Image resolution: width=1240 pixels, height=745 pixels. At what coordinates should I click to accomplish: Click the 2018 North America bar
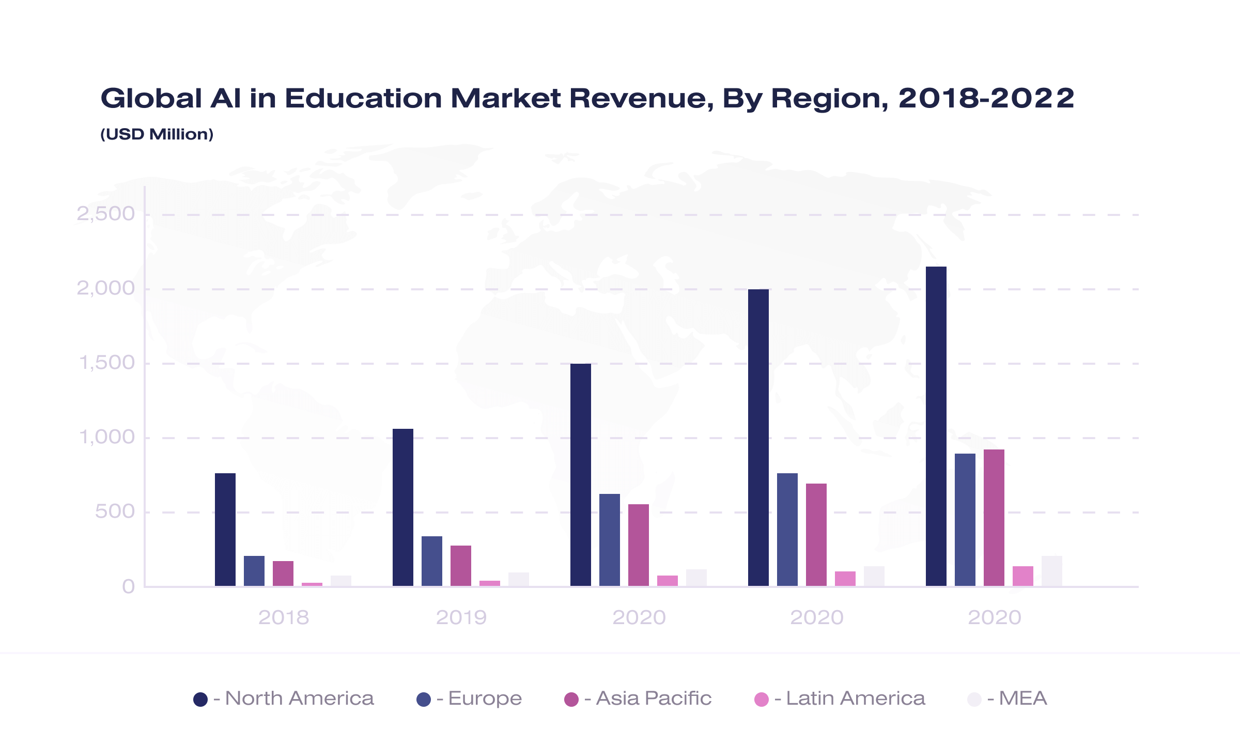[x=225, y=530]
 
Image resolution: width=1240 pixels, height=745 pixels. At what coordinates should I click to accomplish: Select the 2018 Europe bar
[x=254, y=571]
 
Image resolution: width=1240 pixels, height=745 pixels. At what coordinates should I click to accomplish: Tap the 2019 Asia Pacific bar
[x=461, y=566]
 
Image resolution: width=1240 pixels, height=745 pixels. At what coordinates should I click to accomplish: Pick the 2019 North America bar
[x=403, y=507]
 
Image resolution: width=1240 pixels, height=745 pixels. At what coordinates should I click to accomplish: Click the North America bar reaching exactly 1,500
[x=581, y=475]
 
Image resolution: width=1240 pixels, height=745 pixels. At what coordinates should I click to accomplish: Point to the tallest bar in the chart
[x=936, y=426]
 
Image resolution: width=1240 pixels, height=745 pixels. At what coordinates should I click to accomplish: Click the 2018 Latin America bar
[x=312, y=584]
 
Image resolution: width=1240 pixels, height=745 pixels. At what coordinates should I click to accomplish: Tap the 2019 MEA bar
[x=519, y=579]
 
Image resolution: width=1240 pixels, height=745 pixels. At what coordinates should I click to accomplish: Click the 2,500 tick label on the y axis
[x=106, y=213]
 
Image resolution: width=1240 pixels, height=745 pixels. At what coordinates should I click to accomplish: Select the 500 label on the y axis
[x=115, y=511]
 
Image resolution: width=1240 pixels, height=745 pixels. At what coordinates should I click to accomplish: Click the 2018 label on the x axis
[x=284, y=617]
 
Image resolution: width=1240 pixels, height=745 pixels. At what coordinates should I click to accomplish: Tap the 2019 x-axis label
[x=461, y=617]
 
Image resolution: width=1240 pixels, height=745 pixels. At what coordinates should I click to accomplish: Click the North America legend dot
[x=200, y=700]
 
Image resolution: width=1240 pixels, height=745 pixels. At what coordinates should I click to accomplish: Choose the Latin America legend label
[x=856, y=699]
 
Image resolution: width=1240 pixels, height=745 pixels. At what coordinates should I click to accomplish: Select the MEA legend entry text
[x=1023, y=699]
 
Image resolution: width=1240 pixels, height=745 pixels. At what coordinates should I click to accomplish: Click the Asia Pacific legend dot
[x=571, y=700]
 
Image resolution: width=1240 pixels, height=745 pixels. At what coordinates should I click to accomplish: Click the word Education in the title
[x=364, y=98]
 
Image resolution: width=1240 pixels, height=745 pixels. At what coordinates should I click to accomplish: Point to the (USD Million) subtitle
[x=157, y=134]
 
